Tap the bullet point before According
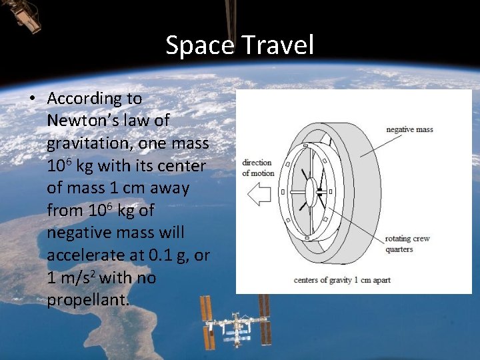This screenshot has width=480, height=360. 31,99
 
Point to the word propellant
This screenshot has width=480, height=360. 88,300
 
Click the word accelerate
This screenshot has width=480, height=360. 86,255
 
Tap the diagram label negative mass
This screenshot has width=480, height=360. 409,129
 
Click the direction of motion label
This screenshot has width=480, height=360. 258,167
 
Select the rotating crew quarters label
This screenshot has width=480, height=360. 408,244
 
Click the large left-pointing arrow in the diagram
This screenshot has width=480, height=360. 258,193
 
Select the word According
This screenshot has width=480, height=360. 95,99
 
